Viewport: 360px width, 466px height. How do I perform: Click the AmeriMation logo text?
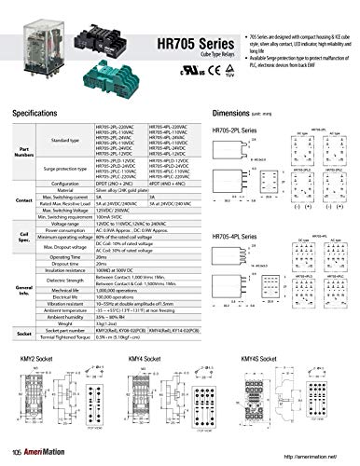click(x=48, y=454)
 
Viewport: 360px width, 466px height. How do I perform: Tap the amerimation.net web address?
click(x=307, y=455)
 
